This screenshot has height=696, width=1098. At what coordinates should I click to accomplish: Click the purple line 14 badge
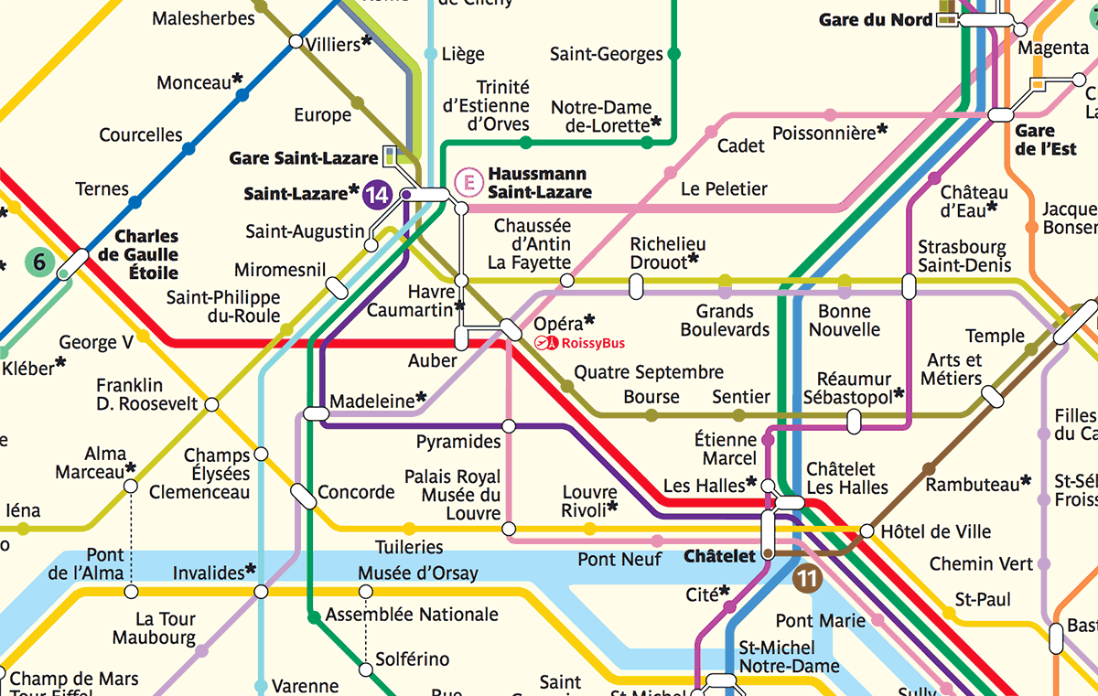pos(377,195)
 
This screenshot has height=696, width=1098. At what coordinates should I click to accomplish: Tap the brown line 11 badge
pos(808,578)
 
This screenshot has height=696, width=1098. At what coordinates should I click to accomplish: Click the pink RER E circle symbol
pos(469,182)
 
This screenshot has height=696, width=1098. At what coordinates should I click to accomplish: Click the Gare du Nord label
pos(875,19)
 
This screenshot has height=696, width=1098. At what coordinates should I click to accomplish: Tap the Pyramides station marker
pos(509,425)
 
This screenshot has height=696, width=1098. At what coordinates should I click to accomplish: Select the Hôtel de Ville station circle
pos(867,530)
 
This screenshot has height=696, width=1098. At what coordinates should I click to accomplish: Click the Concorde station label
pos(356,492)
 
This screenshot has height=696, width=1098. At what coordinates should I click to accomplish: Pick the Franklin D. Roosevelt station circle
pos(211,404)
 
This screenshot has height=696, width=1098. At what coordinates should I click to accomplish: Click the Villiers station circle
pos(296,41)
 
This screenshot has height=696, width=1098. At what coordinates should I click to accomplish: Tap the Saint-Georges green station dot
pos(674,54)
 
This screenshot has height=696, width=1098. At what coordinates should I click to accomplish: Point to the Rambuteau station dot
pos(929,468)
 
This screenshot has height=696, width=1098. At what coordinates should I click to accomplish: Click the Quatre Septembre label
pos(648,372)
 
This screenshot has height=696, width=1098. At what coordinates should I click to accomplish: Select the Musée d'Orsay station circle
pos(366,592)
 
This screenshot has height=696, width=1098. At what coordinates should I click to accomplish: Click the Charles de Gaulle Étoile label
pos(146,254)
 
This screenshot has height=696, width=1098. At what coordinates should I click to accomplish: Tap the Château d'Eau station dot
pos(934,177)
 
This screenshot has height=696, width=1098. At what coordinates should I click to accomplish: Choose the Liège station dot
pos(431,54)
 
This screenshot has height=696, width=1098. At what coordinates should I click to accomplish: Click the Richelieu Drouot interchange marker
pos(637,286)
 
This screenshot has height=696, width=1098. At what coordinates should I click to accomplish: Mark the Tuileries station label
pos(409,547)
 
